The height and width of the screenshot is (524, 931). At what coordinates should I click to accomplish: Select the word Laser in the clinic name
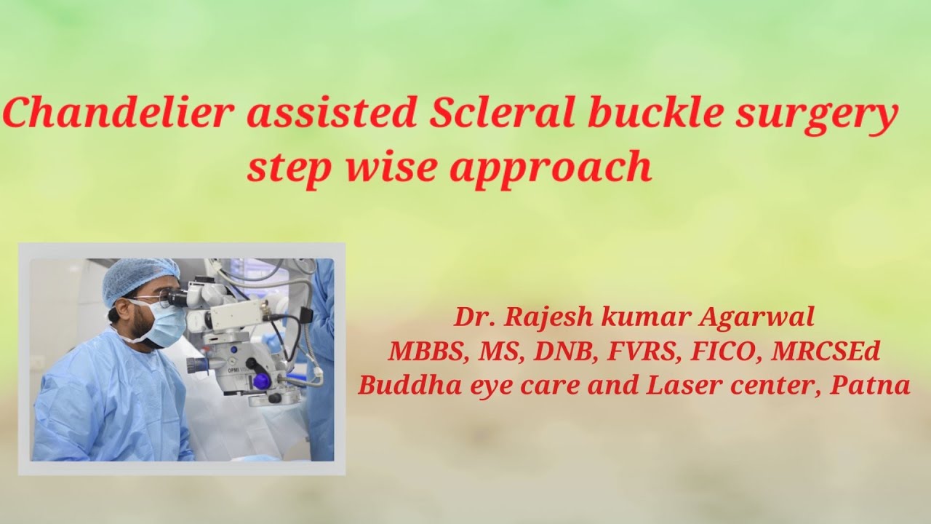(682, 385)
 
